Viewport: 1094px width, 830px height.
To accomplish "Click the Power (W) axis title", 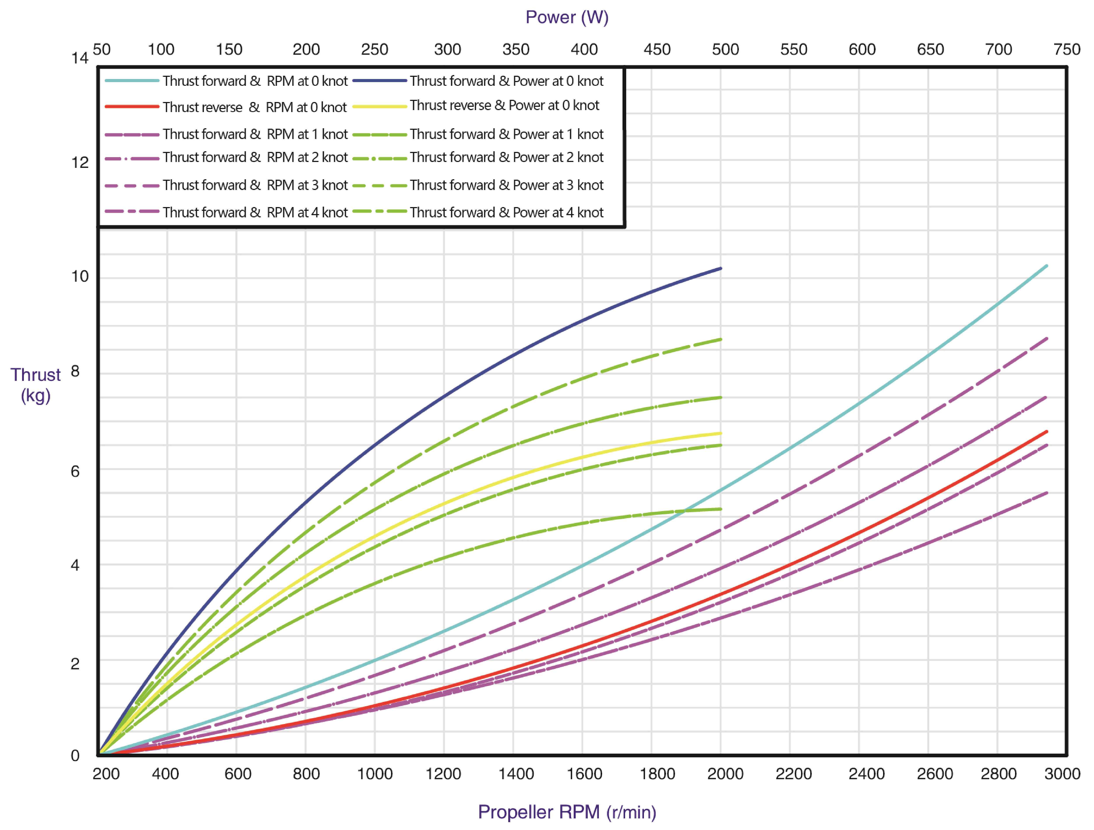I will click(x=567, y=17).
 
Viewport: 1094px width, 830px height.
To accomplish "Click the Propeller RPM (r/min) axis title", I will click(x=567, y=812).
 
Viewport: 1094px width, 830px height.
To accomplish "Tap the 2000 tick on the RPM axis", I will click(x=725, y=774).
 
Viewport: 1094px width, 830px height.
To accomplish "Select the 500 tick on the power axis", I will click(x=725, y=49).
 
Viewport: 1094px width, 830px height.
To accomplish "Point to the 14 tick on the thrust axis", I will click(x=80, y=58).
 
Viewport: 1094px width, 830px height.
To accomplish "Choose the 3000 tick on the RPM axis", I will click(x=1062, y=774).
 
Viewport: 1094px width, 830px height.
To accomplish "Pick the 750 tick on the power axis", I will click(x=1067, y=49).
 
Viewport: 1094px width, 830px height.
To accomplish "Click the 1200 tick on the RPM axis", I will click(x=443, y=774).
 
